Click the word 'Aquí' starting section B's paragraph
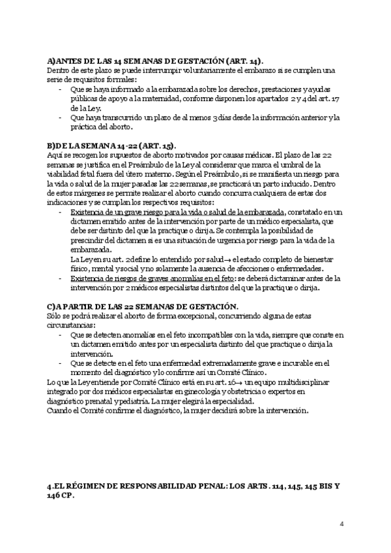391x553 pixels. pos(56,155)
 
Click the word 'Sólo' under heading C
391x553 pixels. pos(56,316)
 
